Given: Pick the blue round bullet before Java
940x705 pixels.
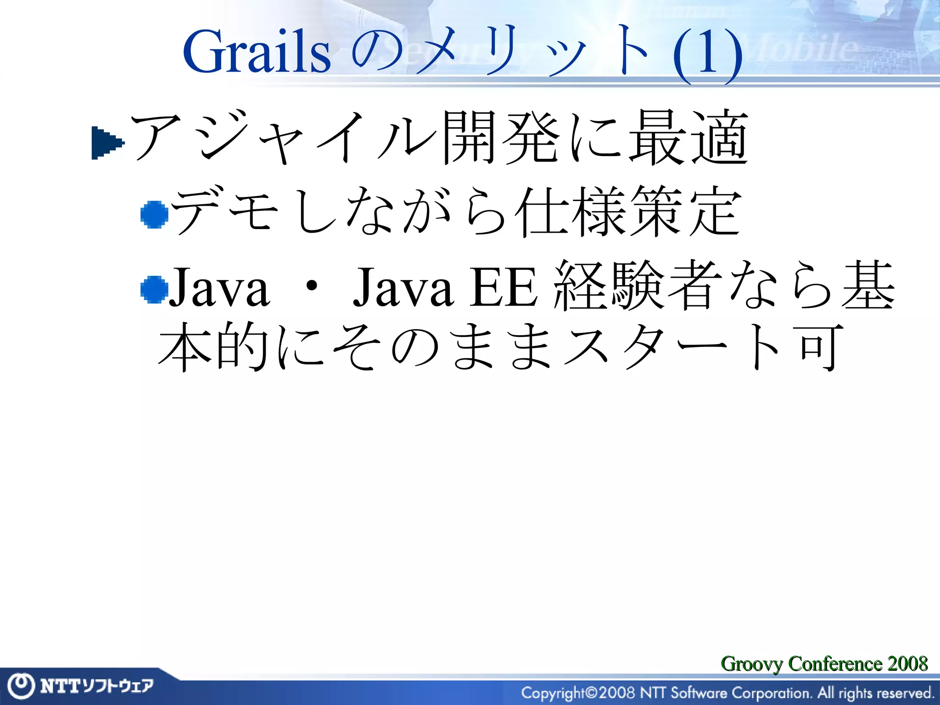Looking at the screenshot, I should click(x=154, y=289).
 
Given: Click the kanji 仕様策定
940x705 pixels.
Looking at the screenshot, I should click(x=627, y=212).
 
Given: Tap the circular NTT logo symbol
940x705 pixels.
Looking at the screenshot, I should click(x=21, y=686).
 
